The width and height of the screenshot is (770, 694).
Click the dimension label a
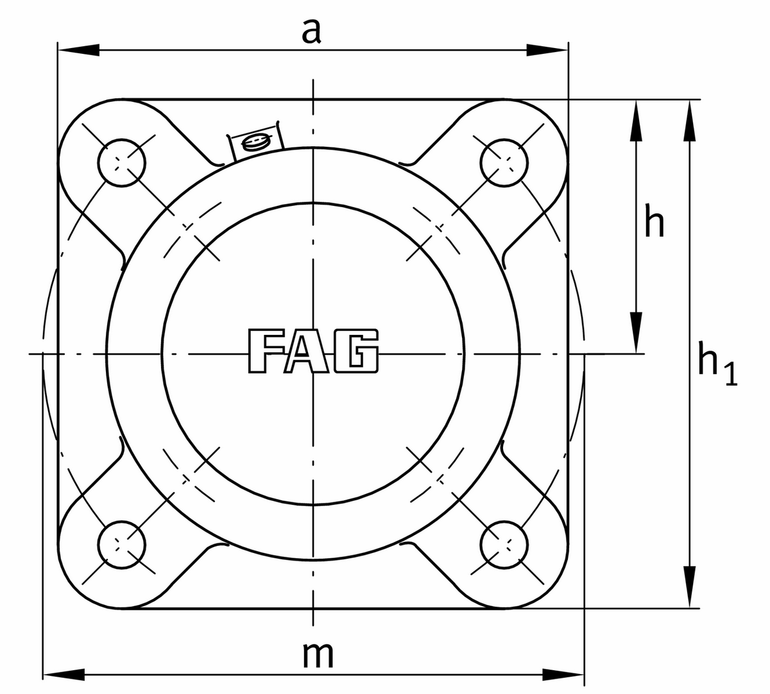tap(311, 31)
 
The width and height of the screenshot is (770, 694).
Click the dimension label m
tap(318, 655)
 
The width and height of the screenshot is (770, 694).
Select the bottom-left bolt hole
tap(123, 544)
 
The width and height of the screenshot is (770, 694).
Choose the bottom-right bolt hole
tap(504, 544)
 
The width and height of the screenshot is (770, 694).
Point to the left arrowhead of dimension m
tap(64, 675)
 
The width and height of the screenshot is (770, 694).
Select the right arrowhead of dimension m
tap(563, 675)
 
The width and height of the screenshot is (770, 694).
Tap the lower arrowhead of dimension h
tap(636, 332)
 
